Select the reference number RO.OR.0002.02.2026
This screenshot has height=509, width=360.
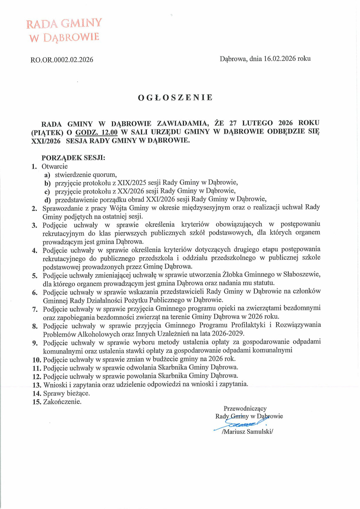[x=62, y=60]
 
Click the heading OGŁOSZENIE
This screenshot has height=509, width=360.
[x=175, y=97]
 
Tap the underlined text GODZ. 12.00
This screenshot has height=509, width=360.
[x=96, y=132]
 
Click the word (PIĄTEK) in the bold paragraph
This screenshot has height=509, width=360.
[x=47, y=132]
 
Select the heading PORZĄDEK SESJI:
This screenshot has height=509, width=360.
[x=73, y=158]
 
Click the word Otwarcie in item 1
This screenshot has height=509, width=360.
[x=55, y=166]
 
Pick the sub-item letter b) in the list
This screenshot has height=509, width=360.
[x=47, y=183]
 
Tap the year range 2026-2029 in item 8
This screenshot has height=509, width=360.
[x=228, y=334]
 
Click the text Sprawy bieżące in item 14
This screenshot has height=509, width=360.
[x=66, y=393]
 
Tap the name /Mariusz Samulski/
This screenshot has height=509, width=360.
[x=247, y=432]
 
